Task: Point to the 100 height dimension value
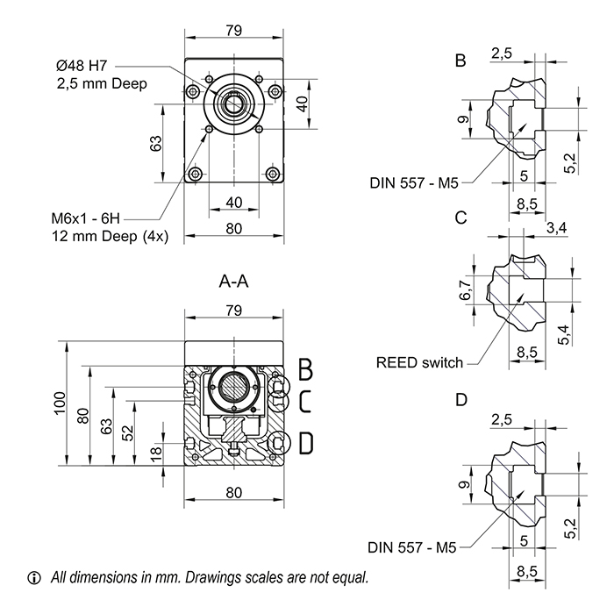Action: tap(59, 402)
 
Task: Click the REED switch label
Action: tap(418, 362)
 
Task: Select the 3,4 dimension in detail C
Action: tap(555, 229)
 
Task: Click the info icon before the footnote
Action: tap(35, 578)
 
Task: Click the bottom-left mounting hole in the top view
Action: tap(195, 172)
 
